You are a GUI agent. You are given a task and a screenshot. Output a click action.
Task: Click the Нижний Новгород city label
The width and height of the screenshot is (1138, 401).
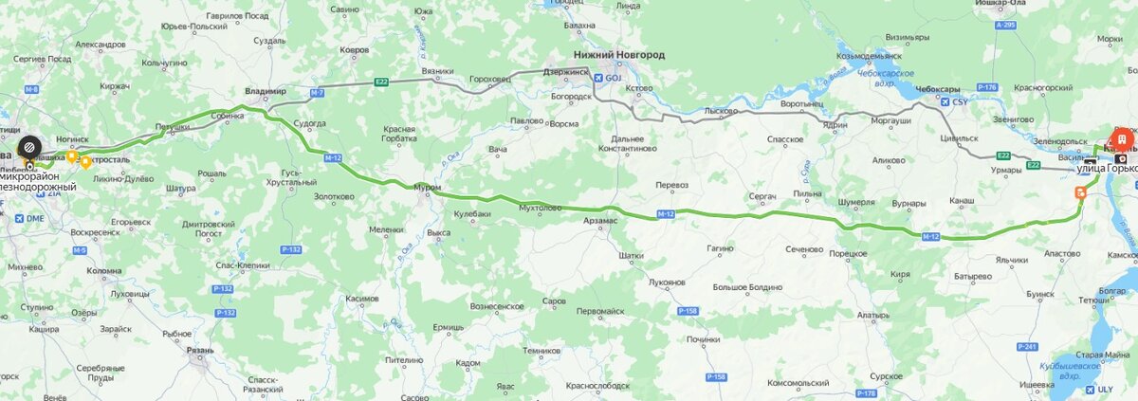(x=619, y=55)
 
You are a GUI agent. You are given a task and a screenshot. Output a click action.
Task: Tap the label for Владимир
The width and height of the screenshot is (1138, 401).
(x=265, y=91)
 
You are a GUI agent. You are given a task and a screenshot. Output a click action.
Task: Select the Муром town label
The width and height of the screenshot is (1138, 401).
(x=428, y=188)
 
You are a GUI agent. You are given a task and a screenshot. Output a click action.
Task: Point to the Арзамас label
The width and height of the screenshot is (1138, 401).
(x=599, y=220)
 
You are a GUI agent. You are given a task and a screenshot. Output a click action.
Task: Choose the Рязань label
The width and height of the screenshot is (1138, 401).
(x=199, y=351)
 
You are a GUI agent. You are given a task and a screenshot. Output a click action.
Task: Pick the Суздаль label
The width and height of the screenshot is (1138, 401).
(x=269, y=42)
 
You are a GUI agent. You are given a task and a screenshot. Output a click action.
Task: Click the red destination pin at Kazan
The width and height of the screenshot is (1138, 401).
(x=1121, y=138)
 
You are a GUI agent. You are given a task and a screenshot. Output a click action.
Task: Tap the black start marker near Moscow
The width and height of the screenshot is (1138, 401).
(x=30, y=147)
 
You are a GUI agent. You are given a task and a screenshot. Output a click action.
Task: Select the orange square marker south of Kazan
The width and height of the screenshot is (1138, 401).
(x=1079, y=191)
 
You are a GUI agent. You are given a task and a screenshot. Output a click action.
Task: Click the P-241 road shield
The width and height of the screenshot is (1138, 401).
(x=1026, y=347)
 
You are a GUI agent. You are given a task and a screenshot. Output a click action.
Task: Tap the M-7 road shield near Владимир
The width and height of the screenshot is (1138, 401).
(x=316, y=93)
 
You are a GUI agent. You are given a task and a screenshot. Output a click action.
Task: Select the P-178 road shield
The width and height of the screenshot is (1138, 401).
(x=866, y=392)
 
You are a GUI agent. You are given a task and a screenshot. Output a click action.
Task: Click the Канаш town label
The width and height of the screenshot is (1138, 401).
(x=960, y=202)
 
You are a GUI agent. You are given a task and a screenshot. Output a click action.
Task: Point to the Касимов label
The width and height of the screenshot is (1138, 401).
(x=361, y=299)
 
